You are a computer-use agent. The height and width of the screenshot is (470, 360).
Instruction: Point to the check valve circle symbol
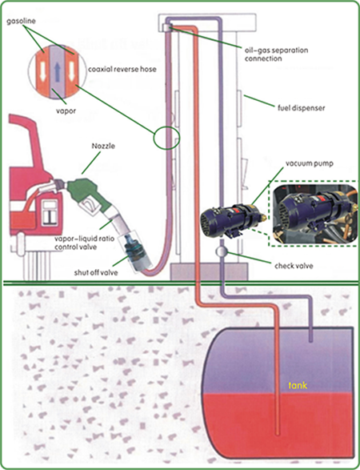[x=220, y=252]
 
